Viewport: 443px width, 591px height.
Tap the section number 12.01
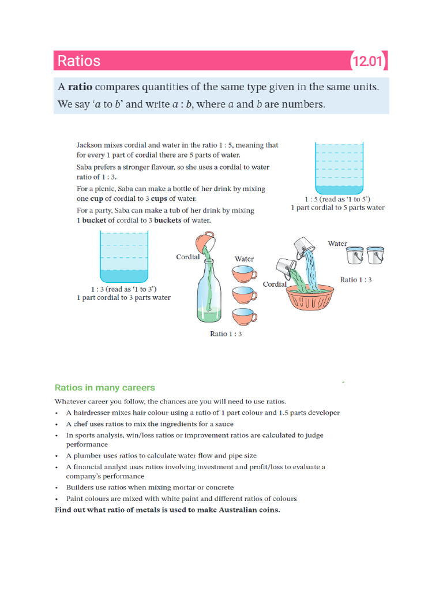pos(368,61)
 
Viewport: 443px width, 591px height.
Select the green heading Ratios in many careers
pos(104,388)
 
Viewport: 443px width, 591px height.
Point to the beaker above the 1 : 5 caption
pos(338,168)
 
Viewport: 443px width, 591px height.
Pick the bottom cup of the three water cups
pos(245,316)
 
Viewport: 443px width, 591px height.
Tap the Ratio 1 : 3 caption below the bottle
pos(226,334)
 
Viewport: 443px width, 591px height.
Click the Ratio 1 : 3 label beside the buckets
pos(356,279)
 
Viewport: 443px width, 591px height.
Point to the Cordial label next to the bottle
pos(188,257)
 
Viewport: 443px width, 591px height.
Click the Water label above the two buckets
pos(337,244)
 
